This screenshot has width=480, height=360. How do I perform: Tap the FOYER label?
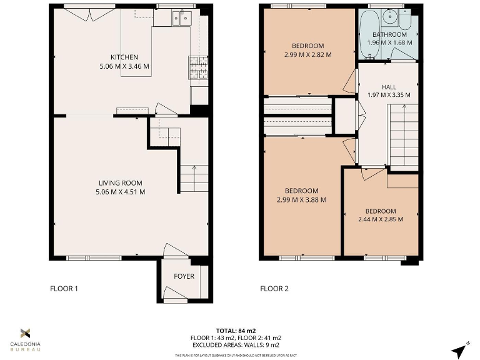(x=184, y=276)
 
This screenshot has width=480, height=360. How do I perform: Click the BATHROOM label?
(x=389, y=34)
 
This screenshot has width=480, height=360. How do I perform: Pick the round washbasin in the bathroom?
(x=389, y=15)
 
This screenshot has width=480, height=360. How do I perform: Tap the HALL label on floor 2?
(x=388, y=86)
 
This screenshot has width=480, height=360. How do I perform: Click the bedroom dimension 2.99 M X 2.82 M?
(x=307, y=54)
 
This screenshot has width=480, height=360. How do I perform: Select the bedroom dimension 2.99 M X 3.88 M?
(x=301, y=200)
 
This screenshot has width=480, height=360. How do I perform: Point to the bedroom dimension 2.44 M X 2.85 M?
(x=380, y=219)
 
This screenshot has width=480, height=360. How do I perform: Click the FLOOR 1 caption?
(x=64, y=289)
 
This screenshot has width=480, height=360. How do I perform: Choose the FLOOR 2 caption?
(x=274, y=289)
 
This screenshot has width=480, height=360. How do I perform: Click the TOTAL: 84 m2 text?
(x=236, y=331)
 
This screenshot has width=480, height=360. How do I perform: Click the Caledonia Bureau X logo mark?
(x=26, y=332)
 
